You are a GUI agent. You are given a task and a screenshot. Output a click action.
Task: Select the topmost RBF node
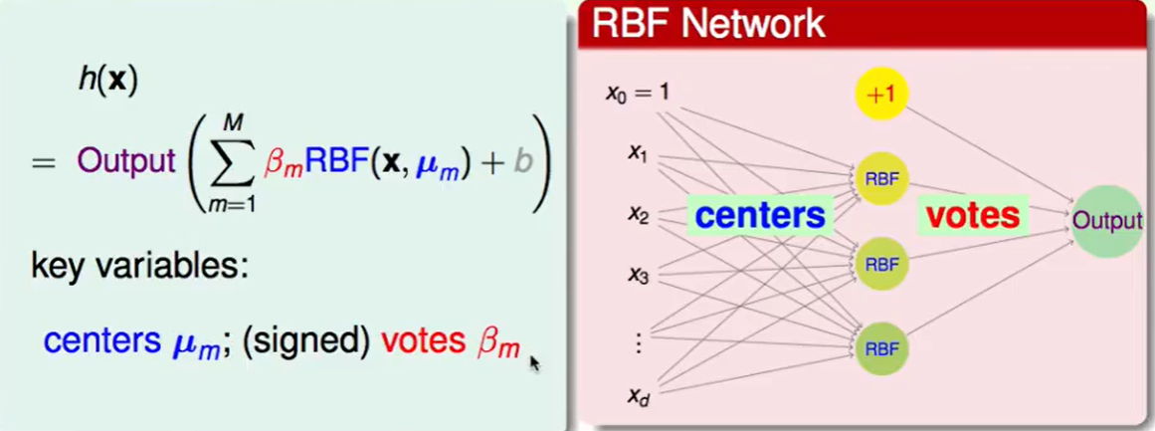(881, 179)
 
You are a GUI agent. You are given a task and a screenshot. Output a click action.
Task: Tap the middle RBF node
(881, 264)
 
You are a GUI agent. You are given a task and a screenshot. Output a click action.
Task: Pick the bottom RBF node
(881, 348)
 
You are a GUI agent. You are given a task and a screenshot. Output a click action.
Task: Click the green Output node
(1106, 221)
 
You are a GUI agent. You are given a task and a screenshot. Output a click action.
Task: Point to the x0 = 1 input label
(638, 93)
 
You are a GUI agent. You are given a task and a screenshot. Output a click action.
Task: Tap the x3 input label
(638, 275)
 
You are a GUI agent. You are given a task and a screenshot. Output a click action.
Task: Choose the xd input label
(638, 396)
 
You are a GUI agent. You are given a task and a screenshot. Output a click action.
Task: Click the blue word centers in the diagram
(760, 215)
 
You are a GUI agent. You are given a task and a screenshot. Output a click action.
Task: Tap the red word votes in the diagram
(973, 215)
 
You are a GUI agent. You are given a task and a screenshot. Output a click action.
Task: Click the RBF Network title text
(708, 24)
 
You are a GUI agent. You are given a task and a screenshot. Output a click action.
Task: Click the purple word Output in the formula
(125, 162)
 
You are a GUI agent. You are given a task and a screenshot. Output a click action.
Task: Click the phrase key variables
(139, 267)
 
